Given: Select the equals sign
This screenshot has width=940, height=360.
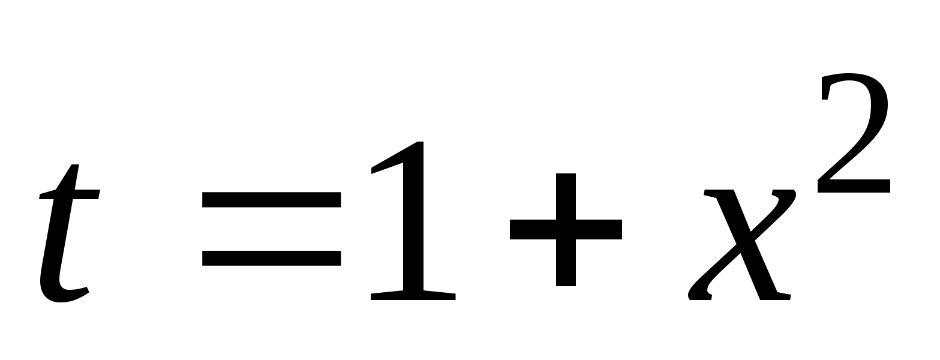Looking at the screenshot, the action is [x=272, y=229].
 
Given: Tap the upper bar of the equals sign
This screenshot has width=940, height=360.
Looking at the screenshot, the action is [x=272, y=199].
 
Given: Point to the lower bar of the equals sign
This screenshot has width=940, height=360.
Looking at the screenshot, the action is [x=272, y=258].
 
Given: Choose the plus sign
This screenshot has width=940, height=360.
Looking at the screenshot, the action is [x=566, y=230].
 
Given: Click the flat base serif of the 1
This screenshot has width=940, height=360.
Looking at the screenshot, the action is [x=413, y=295].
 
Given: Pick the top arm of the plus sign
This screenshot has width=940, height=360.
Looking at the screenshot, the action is [x=566, y=192].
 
